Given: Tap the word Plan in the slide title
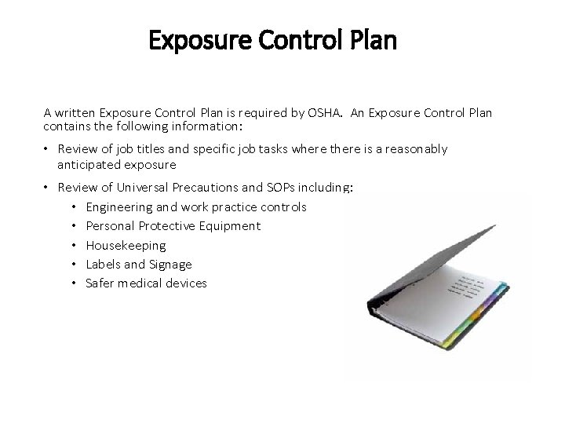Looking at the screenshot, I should (368, 40).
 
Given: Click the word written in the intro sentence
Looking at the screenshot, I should (76, 112).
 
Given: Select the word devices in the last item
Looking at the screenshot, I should (183, 283).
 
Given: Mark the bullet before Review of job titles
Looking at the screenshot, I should (47, 149).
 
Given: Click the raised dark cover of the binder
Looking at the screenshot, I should (424, 259).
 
